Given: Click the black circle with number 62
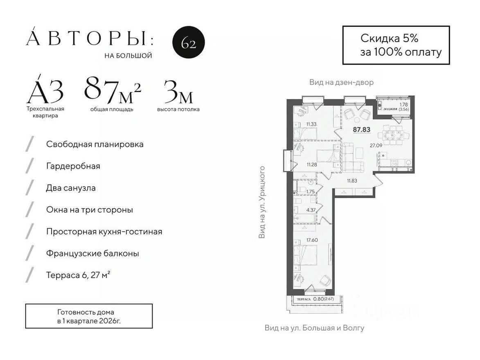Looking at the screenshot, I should [188, 43].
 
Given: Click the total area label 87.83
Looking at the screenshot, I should [361, 129].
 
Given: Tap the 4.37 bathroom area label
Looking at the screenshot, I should [311, 210].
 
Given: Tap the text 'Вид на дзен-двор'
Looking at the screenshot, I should [341, 82].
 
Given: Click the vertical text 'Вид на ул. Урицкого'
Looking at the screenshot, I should [262, 202].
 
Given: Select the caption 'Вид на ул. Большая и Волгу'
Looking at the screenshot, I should [314, 328].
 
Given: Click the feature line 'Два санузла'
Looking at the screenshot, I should [71, 188].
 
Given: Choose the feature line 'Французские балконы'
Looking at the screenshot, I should [92, 253].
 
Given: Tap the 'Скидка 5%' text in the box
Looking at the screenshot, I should [389, 38].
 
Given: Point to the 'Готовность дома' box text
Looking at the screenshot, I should [86, 312].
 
